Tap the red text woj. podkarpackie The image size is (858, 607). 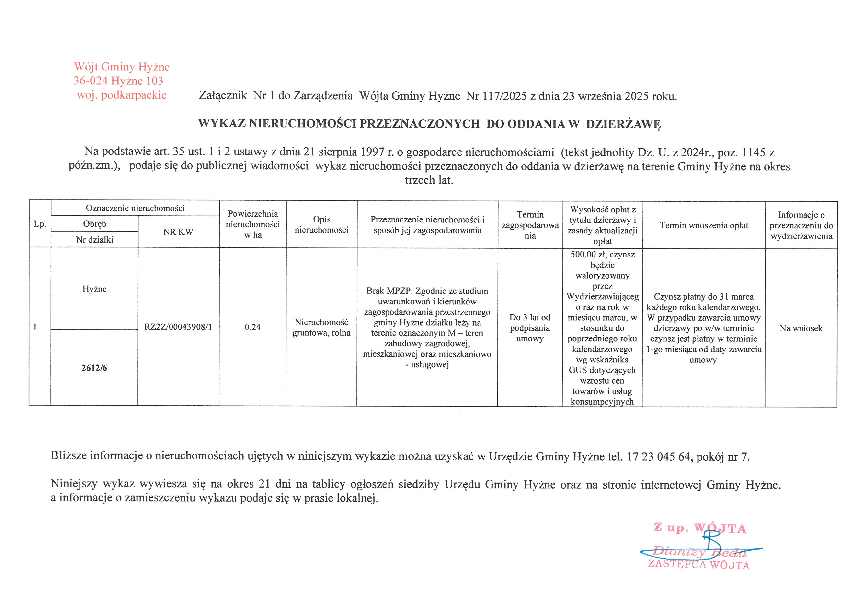point(121,95)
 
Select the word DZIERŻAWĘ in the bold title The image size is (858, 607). point(623,124)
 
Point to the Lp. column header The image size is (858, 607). point(40,224)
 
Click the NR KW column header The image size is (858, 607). point(178,232)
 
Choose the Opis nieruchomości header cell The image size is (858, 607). point(322,225)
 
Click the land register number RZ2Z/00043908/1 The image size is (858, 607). point(178,327)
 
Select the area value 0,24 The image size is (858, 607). point(253,327)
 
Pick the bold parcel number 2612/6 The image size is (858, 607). point(94,368)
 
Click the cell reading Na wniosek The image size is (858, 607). point(801,328)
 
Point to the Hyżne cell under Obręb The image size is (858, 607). point(94,289)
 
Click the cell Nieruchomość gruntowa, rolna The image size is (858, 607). point(321,327)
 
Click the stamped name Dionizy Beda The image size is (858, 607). point(699,551)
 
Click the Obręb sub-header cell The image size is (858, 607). point(94,224)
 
